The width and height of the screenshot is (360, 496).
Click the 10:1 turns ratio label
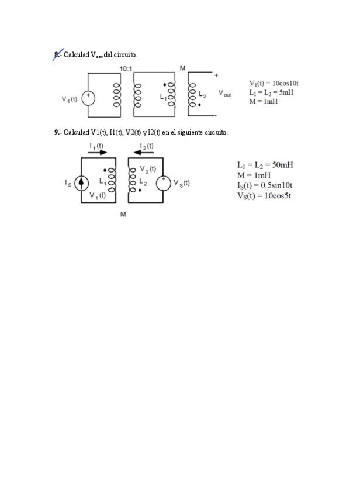click(x=126, y=68)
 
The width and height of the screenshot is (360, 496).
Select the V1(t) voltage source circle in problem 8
click(x=88, y=98)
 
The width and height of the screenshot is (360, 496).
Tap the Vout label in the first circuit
click(x=225, y=93)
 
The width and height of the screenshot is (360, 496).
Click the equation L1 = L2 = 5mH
click(x=271, y=92)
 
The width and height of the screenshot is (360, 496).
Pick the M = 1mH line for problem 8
click(x=263, y=101)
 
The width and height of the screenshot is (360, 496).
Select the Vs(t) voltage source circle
click(x=164, y=183)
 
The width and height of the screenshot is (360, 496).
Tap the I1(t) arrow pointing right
click(x=98, y=152)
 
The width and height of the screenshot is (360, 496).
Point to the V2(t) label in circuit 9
click(x=148, y=169)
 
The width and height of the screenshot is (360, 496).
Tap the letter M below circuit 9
click(x=123, y=215)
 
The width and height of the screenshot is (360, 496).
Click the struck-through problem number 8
click(x=57, y=54)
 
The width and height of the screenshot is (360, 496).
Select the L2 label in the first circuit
click(x=202, y=94)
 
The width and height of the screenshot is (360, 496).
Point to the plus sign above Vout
click(x=217, y=75)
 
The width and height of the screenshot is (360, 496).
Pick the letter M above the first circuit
click(x=183, y=68)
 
